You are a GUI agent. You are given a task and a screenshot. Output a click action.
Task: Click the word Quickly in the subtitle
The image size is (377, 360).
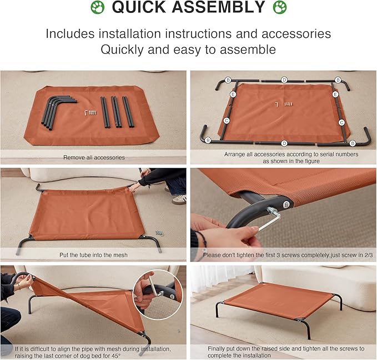pos(125,49)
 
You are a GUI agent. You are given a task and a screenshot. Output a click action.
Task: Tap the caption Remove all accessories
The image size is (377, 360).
pos(94,157)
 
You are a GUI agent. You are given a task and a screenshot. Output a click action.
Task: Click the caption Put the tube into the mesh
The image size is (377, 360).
pos(94,255)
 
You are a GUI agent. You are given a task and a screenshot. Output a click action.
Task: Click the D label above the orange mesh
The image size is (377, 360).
pos(284,80)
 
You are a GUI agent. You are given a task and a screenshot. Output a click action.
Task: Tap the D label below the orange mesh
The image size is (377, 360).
pos(284,143)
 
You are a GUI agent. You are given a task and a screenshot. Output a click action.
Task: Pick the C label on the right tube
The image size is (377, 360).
pos(341,122)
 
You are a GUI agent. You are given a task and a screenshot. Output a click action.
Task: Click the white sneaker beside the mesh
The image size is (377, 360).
pos(179,199)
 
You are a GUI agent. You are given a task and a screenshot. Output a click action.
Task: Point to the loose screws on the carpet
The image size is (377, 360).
pos(159,233)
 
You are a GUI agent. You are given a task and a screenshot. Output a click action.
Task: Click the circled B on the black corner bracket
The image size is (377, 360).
pos(286,203)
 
